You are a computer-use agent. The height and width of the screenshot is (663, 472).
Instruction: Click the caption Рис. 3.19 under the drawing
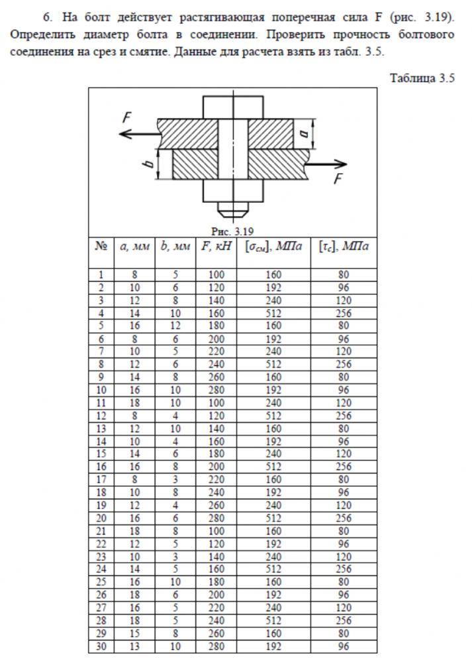point(232,231)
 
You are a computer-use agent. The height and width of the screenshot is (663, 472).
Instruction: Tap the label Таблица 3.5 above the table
point(422,78)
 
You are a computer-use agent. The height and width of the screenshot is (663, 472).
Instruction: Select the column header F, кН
point(216,246)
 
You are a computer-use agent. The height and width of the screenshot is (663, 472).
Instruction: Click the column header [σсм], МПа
point(273,246)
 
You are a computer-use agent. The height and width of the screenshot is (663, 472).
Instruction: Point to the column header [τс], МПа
point(344,246)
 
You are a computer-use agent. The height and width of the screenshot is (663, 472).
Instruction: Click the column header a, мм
point(134,246)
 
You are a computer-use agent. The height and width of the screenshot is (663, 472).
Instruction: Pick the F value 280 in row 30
point(216,646)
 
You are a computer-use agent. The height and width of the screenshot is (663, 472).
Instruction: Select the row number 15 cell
point(101,454)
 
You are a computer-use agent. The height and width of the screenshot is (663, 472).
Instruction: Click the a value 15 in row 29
point(134,633)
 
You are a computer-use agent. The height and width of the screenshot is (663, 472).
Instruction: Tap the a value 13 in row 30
point(134,646)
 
